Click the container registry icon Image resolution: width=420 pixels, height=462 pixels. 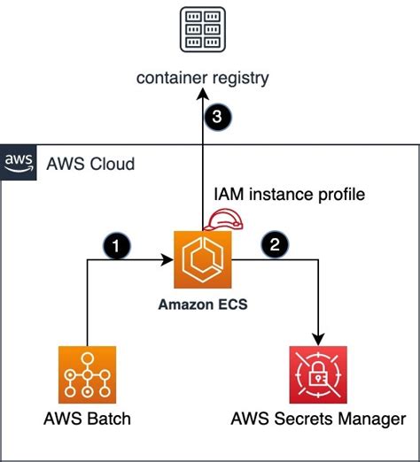(203, 30)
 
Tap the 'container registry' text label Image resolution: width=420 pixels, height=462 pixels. (203, 78)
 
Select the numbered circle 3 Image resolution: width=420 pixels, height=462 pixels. (218, 117)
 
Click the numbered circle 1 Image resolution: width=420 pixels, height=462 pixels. (116, 246)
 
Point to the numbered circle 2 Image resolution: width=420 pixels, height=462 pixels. (275, 244)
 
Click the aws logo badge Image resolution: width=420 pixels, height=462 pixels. (19, 163)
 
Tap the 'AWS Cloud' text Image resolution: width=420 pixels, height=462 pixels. (90, 164)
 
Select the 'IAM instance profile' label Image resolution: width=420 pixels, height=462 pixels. (289, 195)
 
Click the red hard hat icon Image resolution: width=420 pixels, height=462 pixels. (223, 219)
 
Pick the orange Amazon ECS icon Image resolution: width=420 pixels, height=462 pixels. (203, 259)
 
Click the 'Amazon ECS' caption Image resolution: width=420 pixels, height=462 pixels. (203, 304)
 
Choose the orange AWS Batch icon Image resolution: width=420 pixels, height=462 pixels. (87, 374)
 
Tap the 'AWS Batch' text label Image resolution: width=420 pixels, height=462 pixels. (87, 419)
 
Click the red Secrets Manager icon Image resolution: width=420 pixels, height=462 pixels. (318, 374)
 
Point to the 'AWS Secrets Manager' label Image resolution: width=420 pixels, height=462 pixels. (318, 420)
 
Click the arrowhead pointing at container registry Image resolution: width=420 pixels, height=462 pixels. (203, 95)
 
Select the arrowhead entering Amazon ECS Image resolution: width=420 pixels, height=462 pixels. (167, 259)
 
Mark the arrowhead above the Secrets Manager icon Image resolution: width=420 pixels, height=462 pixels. (318, 340)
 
